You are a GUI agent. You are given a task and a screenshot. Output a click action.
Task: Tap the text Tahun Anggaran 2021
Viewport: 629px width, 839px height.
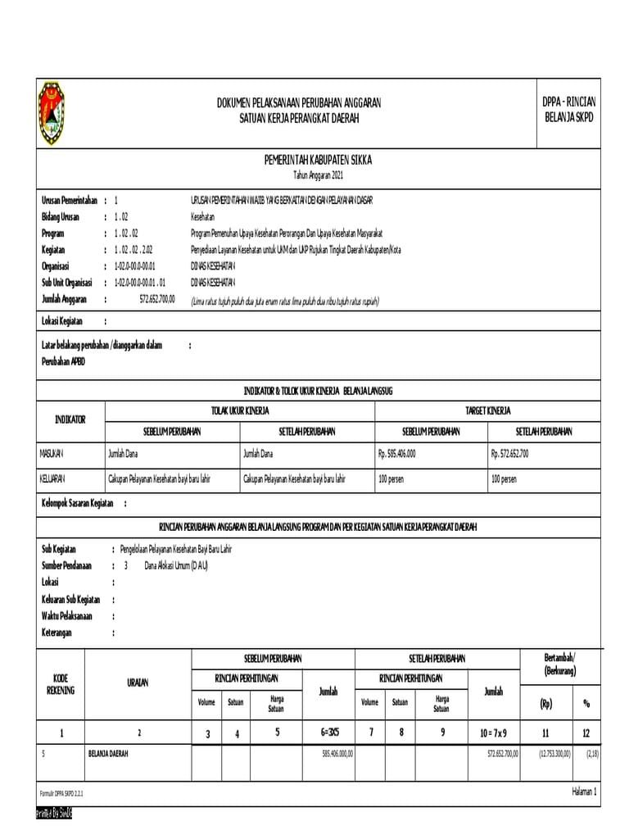pos(318,176)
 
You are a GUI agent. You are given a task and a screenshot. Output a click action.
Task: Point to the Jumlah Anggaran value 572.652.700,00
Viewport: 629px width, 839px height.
pos(157,300)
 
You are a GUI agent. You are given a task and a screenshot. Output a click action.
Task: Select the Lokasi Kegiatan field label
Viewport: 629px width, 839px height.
pos(62,322)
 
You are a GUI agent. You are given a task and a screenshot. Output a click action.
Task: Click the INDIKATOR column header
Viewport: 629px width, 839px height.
pos(70,419)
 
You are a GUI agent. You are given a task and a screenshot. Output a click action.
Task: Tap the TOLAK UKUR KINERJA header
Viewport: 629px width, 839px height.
pos(240,410)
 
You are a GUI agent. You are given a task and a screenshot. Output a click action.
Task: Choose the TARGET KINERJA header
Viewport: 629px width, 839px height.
pos(488,410)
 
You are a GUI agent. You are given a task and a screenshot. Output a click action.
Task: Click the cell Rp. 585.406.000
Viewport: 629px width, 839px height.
pos(397,453)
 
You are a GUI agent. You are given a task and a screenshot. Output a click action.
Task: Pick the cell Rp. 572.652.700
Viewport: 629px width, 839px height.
pos(510,453)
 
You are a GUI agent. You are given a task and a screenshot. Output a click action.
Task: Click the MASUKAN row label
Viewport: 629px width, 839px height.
pos(52,453)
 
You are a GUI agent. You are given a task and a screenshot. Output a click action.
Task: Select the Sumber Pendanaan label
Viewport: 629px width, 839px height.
pos(66,565)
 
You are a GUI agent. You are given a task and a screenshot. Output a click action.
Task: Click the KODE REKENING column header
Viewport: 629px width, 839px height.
pos(61,684)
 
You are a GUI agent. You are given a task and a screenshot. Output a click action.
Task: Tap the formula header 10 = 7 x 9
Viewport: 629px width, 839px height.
pos(493,733)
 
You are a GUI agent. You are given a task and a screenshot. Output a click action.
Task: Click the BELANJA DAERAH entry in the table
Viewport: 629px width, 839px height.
pos(108,753)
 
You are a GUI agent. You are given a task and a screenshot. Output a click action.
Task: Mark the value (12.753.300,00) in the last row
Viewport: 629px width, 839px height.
pos(549,753)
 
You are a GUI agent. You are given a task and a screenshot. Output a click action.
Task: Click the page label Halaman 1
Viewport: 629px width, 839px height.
pos(584,791)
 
